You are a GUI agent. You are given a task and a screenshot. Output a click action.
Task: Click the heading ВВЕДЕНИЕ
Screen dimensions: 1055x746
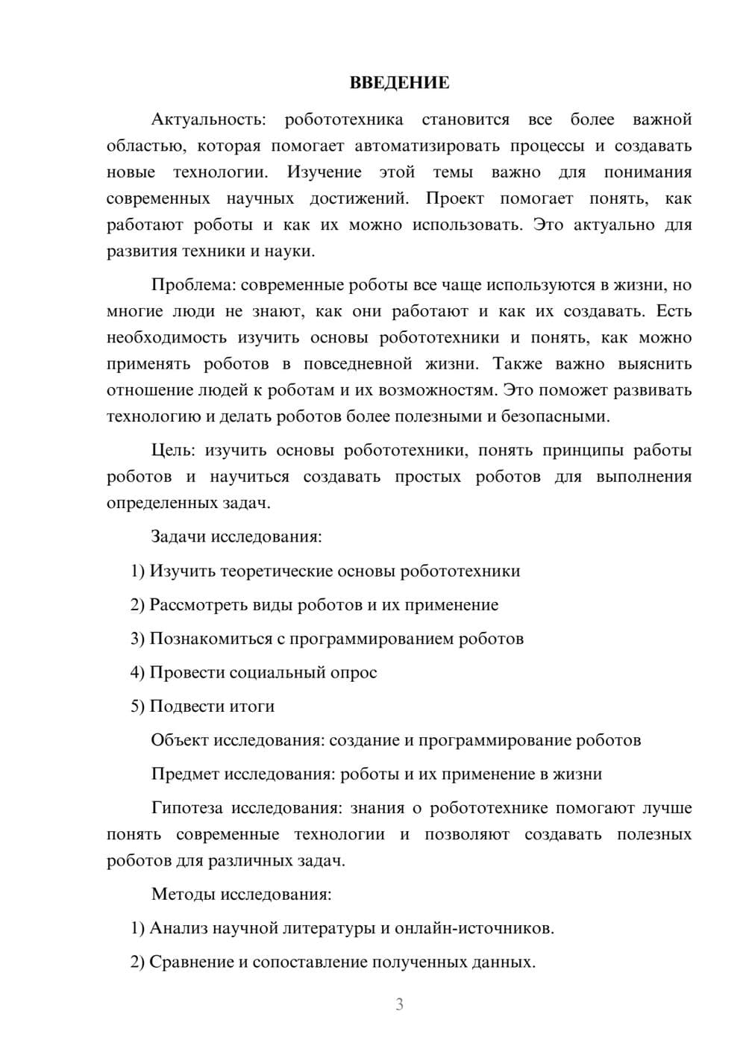[399, 83]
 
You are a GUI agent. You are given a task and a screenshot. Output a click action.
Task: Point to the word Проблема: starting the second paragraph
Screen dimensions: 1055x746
[193, 285]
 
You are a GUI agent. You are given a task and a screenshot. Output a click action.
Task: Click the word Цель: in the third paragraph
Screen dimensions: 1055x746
[173, 451]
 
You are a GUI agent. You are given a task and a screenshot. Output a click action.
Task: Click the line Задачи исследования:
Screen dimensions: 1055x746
[236, 536]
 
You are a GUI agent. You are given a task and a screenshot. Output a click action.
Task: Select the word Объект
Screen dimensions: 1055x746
[180, 740]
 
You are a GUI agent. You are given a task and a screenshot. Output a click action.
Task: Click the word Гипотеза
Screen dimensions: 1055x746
[189, 808]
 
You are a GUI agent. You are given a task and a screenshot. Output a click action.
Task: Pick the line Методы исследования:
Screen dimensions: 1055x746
[241, 894]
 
